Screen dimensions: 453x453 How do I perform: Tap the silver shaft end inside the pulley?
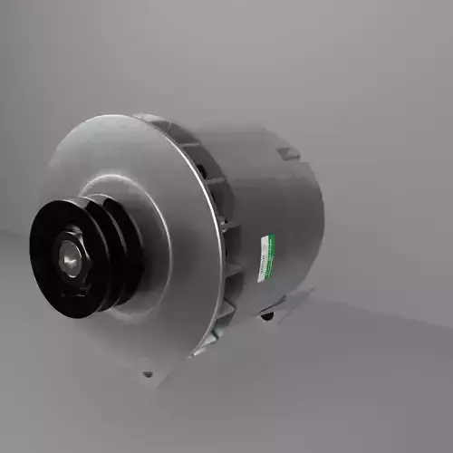click(70, 258)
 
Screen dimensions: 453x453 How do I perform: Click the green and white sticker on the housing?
click(265, 257)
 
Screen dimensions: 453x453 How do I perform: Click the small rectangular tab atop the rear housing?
click(288, 153)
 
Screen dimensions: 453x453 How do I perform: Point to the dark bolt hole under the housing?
click(266, 314)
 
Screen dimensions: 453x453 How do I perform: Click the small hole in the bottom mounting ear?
click(149, 373)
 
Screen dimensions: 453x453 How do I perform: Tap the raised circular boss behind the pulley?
click(149, 245)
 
